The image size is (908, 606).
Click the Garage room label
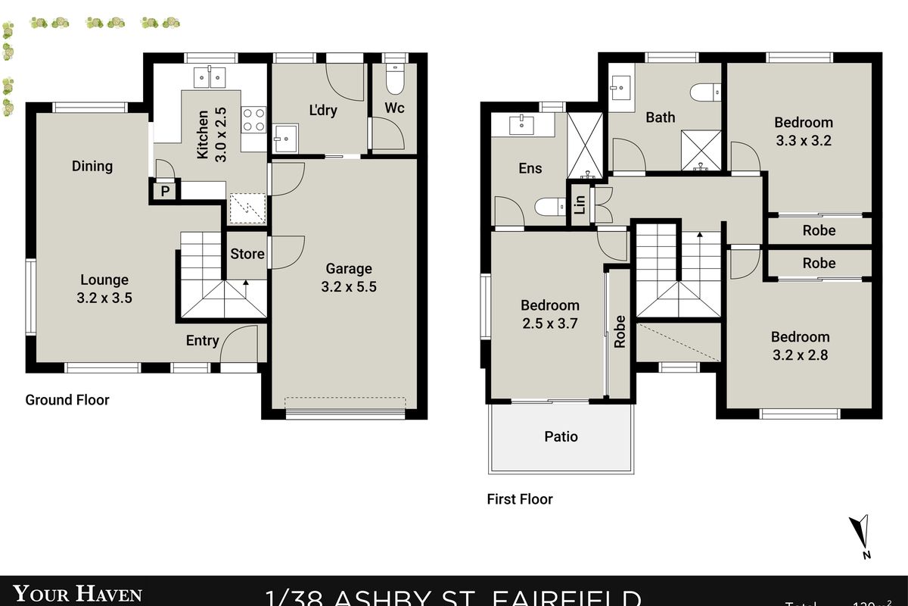(x=349, y=277)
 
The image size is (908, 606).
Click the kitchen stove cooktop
(x=253, y=119)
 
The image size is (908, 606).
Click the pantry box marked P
(x=164, y=192)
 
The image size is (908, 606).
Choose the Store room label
(x=247, y=254)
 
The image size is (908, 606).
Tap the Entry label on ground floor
(x=202, y=341)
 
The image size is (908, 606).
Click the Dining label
(x=92, y=166)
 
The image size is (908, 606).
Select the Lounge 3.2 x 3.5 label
(x=104, y=289)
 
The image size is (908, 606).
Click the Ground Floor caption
(x=67, y=400)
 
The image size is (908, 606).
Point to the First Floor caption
(x=520, y=499)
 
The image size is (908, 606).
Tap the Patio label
(x=561, y=436)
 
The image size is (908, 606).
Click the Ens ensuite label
(x=530, y=168)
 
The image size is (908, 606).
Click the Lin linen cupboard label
(x=580, y=205)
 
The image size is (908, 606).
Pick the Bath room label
(x=660, y=117)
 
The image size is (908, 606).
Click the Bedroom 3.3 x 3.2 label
(x=803, y=131)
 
